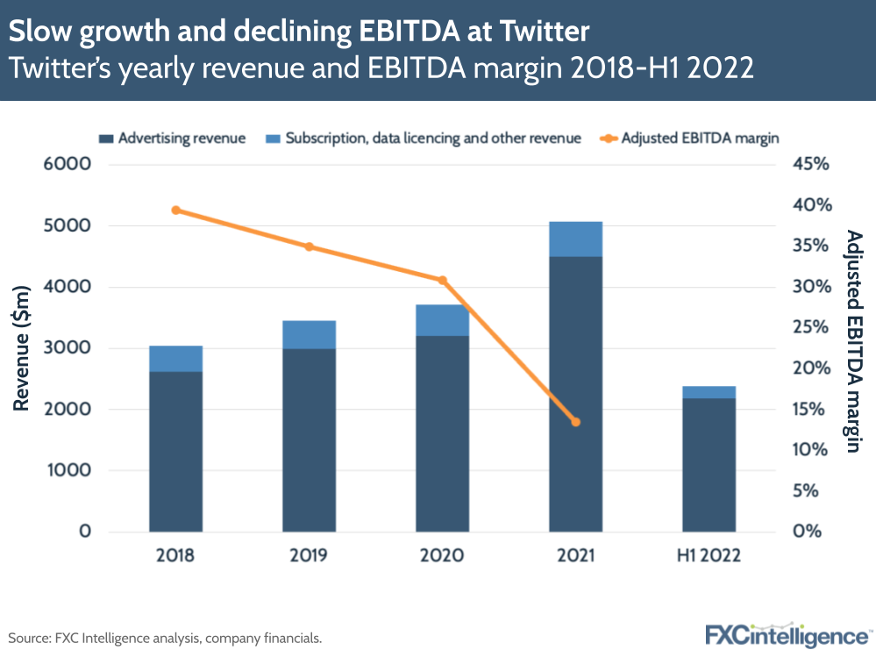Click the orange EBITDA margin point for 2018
(176, 211)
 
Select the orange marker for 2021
(575, 422)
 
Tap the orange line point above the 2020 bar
(443, 281)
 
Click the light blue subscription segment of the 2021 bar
(575, 239)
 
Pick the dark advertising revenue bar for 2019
(309, 439)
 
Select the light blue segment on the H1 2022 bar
(709, 392)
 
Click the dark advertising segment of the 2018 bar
(176, 451)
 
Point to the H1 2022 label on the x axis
(709, 556)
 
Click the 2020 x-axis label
(443, 556)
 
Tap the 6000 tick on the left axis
(68, 165)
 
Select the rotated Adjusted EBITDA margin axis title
(850, 341)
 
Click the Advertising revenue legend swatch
(106, 139)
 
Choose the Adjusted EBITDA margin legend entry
(688, 139)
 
